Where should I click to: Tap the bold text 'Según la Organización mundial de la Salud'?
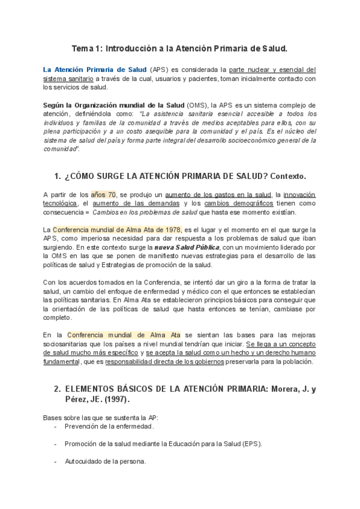pyautogui.click(x=113, y=104)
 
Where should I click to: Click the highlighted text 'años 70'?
pyautogui.click(x=103, y=195)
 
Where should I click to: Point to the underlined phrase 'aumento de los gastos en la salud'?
pyautogui.click(x=218, y=195)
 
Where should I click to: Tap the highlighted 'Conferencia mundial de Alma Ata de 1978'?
pyautogui.click(x=116, y=230)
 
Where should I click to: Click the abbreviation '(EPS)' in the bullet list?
pyautogui.click(x=252, y=444)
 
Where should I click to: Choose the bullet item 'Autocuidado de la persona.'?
pyautogui.click(x=106, y=462)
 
